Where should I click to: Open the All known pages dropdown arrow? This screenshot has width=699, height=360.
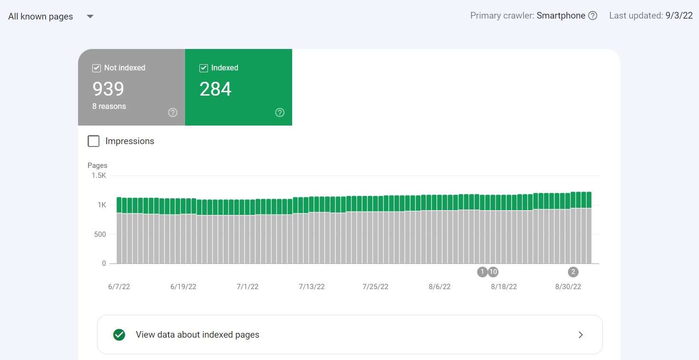click(x=90, y=17)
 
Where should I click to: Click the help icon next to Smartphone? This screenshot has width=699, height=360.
click(x=592, y=16)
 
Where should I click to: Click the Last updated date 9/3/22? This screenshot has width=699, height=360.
click(x=679, y=16)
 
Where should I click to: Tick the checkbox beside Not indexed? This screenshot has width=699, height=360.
click(x=97, y=68)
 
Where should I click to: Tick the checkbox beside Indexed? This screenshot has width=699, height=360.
click(x=204, y=68)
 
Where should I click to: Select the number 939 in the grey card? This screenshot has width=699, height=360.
click(x=108, y=89)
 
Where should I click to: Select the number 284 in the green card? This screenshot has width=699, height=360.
click(x=215, y=89)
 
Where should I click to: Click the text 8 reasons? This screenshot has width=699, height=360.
click(x=109, y=107)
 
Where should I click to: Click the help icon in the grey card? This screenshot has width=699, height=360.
click(x=173, y=113)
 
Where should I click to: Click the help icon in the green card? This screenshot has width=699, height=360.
click(x=280, y=113)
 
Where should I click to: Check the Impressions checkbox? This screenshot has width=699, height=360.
click(x=94, y=141)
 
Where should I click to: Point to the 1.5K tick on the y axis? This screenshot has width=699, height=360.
click(x=98, y=175)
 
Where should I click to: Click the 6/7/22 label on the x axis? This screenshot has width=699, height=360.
click(x=119, y=287)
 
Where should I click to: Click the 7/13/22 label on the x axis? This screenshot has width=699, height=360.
click(x=312, y=287)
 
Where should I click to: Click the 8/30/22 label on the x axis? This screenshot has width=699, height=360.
click(x=568, y=287)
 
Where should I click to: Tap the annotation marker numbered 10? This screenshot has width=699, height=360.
click(x=493, y=272)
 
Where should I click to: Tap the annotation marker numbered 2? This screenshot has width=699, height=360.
click(x=573, y=272)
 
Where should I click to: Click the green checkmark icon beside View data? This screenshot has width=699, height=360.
click(x=119, y=335)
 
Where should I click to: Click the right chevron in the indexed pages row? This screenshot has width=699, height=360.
click(x=581, y=335)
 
